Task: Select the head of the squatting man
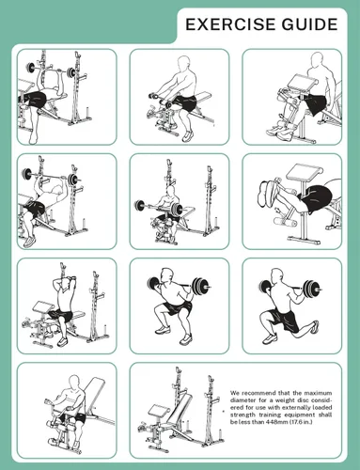point(167,275)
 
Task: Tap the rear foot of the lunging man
point(314,327)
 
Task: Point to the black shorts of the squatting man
point(176,307)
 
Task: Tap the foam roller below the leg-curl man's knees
point(286,222)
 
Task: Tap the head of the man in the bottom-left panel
point(74,383)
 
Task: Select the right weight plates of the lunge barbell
point(310,287)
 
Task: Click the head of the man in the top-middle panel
point(183,64)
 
